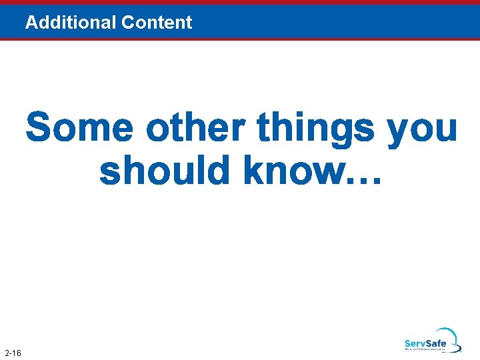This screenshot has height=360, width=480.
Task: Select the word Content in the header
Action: click(157, 23)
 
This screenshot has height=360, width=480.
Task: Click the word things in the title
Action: click(316, 129)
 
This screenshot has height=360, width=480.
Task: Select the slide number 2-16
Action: click(13, 352)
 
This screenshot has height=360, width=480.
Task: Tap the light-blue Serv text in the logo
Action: click(417, 344)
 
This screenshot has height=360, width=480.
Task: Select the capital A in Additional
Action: click(31, 23)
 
